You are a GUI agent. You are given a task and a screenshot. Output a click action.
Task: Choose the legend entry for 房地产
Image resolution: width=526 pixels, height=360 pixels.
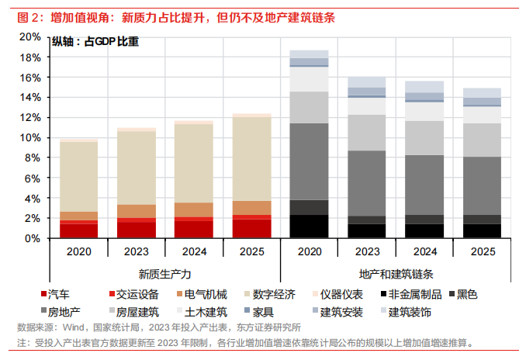pos(60,312)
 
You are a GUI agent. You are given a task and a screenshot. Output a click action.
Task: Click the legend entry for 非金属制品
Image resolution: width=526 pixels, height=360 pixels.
pos(416,294)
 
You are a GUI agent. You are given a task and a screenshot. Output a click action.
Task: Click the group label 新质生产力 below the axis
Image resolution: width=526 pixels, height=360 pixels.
pos(165,274)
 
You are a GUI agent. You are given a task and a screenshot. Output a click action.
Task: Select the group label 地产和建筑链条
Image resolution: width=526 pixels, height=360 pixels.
pos(396,274)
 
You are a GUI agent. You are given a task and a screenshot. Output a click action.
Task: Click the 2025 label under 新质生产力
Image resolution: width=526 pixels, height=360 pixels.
pos(251,251)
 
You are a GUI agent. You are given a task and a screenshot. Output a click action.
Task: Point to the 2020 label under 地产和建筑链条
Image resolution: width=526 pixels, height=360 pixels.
pos(310,251)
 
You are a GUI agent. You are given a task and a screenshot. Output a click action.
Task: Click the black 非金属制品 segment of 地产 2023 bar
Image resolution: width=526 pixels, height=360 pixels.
pos(366,231)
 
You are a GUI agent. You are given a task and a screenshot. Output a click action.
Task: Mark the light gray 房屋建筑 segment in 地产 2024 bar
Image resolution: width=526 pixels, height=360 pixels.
pos(424,138)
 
